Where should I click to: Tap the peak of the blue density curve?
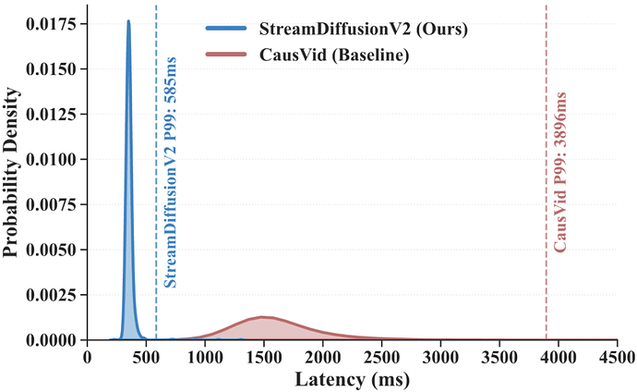click(x=128, y=21)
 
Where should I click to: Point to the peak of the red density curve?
click(x=264, y=317)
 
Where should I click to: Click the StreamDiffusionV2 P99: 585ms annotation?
click(x=172, y=171)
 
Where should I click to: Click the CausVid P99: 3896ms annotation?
click(x=560, y=171)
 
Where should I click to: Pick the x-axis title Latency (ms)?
click(x=353, y=379)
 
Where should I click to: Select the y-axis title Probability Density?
click(x=12, y=173)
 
